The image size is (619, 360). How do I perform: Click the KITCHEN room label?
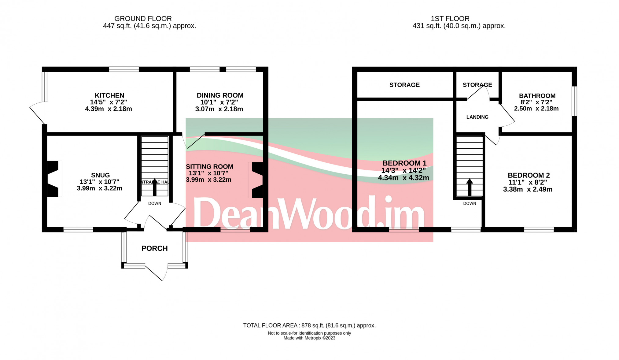pyautogui.click(x=109, y=95)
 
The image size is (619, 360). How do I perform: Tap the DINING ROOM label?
pyautogui.click(x=220, y=95)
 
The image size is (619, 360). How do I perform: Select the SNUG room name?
pyautogui.click(x=100, y=175)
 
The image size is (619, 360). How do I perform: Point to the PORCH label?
pyautogui.click(x=154, y=248)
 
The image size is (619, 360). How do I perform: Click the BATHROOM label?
pyautogui.click(x=537, y=96)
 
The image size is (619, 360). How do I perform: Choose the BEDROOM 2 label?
pyautogui.click(x=529, y=175)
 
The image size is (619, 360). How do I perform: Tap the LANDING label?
pyautogui.click(x=477, y=117)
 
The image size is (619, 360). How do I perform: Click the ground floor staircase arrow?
pyautogui.click(x=154, y=187)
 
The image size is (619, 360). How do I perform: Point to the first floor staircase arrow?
pyautogui.click(x=470, y=187)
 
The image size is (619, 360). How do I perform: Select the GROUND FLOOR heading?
pyautogui.click(x=143, y=19)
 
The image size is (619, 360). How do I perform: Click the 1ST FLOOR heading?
pyautogui.click(x=450, y=19)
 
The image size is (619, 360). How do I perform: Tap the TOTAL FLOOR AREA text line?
pyautogui.click(x=309, y=325)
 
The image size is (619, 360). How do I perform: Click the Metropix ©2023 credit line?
pyautogui.click(x=309, y=338)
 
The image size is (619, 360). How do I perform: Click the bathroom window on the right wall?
pyautogui.click(x=574, y=101)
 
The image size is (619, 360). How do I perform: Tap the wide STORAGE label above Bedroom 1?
pyautogui.click(x=404, y=85)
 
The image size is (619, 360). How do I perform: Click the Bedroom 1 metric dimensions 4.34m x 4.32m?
pyautogui.click(x=403, y=178)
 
